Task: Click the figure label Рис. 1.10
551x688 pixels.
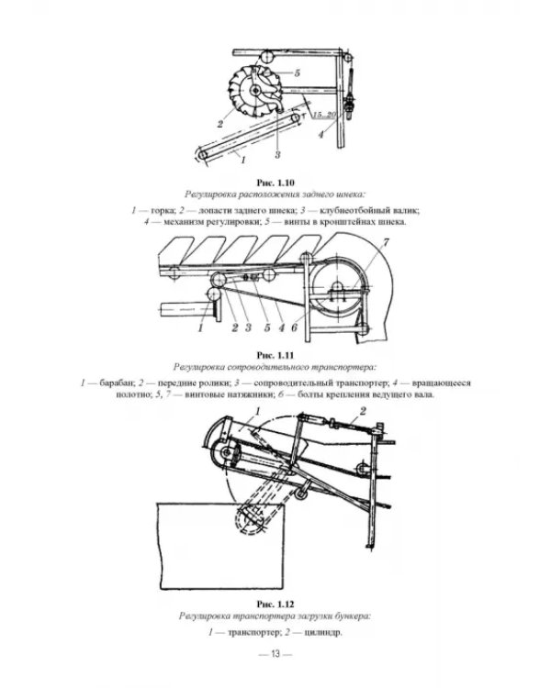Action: pyautogui.click(x=275, y=183)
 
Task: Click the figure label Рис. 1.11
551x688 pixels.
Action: pyautogui.click(x=275, y=355)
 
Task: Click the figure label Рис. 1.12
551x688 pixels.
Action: pyautogui.click(x=275, y=605)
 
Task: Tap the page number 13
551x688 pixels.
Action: pyautogui.click(x=275, y=654)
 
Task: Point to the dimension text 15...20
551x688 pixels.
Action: pyautogui.click(x=325, y=115)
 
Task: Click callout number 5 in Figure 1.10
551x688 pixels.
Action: pyautogui.click(x=298, y=72)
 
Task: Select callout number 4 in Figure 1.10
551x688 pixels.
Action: pyautogui.click(x=320, y=134)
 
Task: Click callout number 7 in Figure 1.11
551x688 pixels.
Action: pyautogui.click(x=387, y=242)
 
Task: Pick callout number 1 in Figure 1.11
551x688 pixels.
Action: pyautogui.click(x=200, y=327)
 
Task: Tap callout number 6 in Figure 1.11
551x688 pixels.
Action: pyautogui.click(x=294, y=327)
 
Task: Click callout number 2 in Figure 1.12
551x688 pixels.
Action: pyautogui.click(x=363, y=411)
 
